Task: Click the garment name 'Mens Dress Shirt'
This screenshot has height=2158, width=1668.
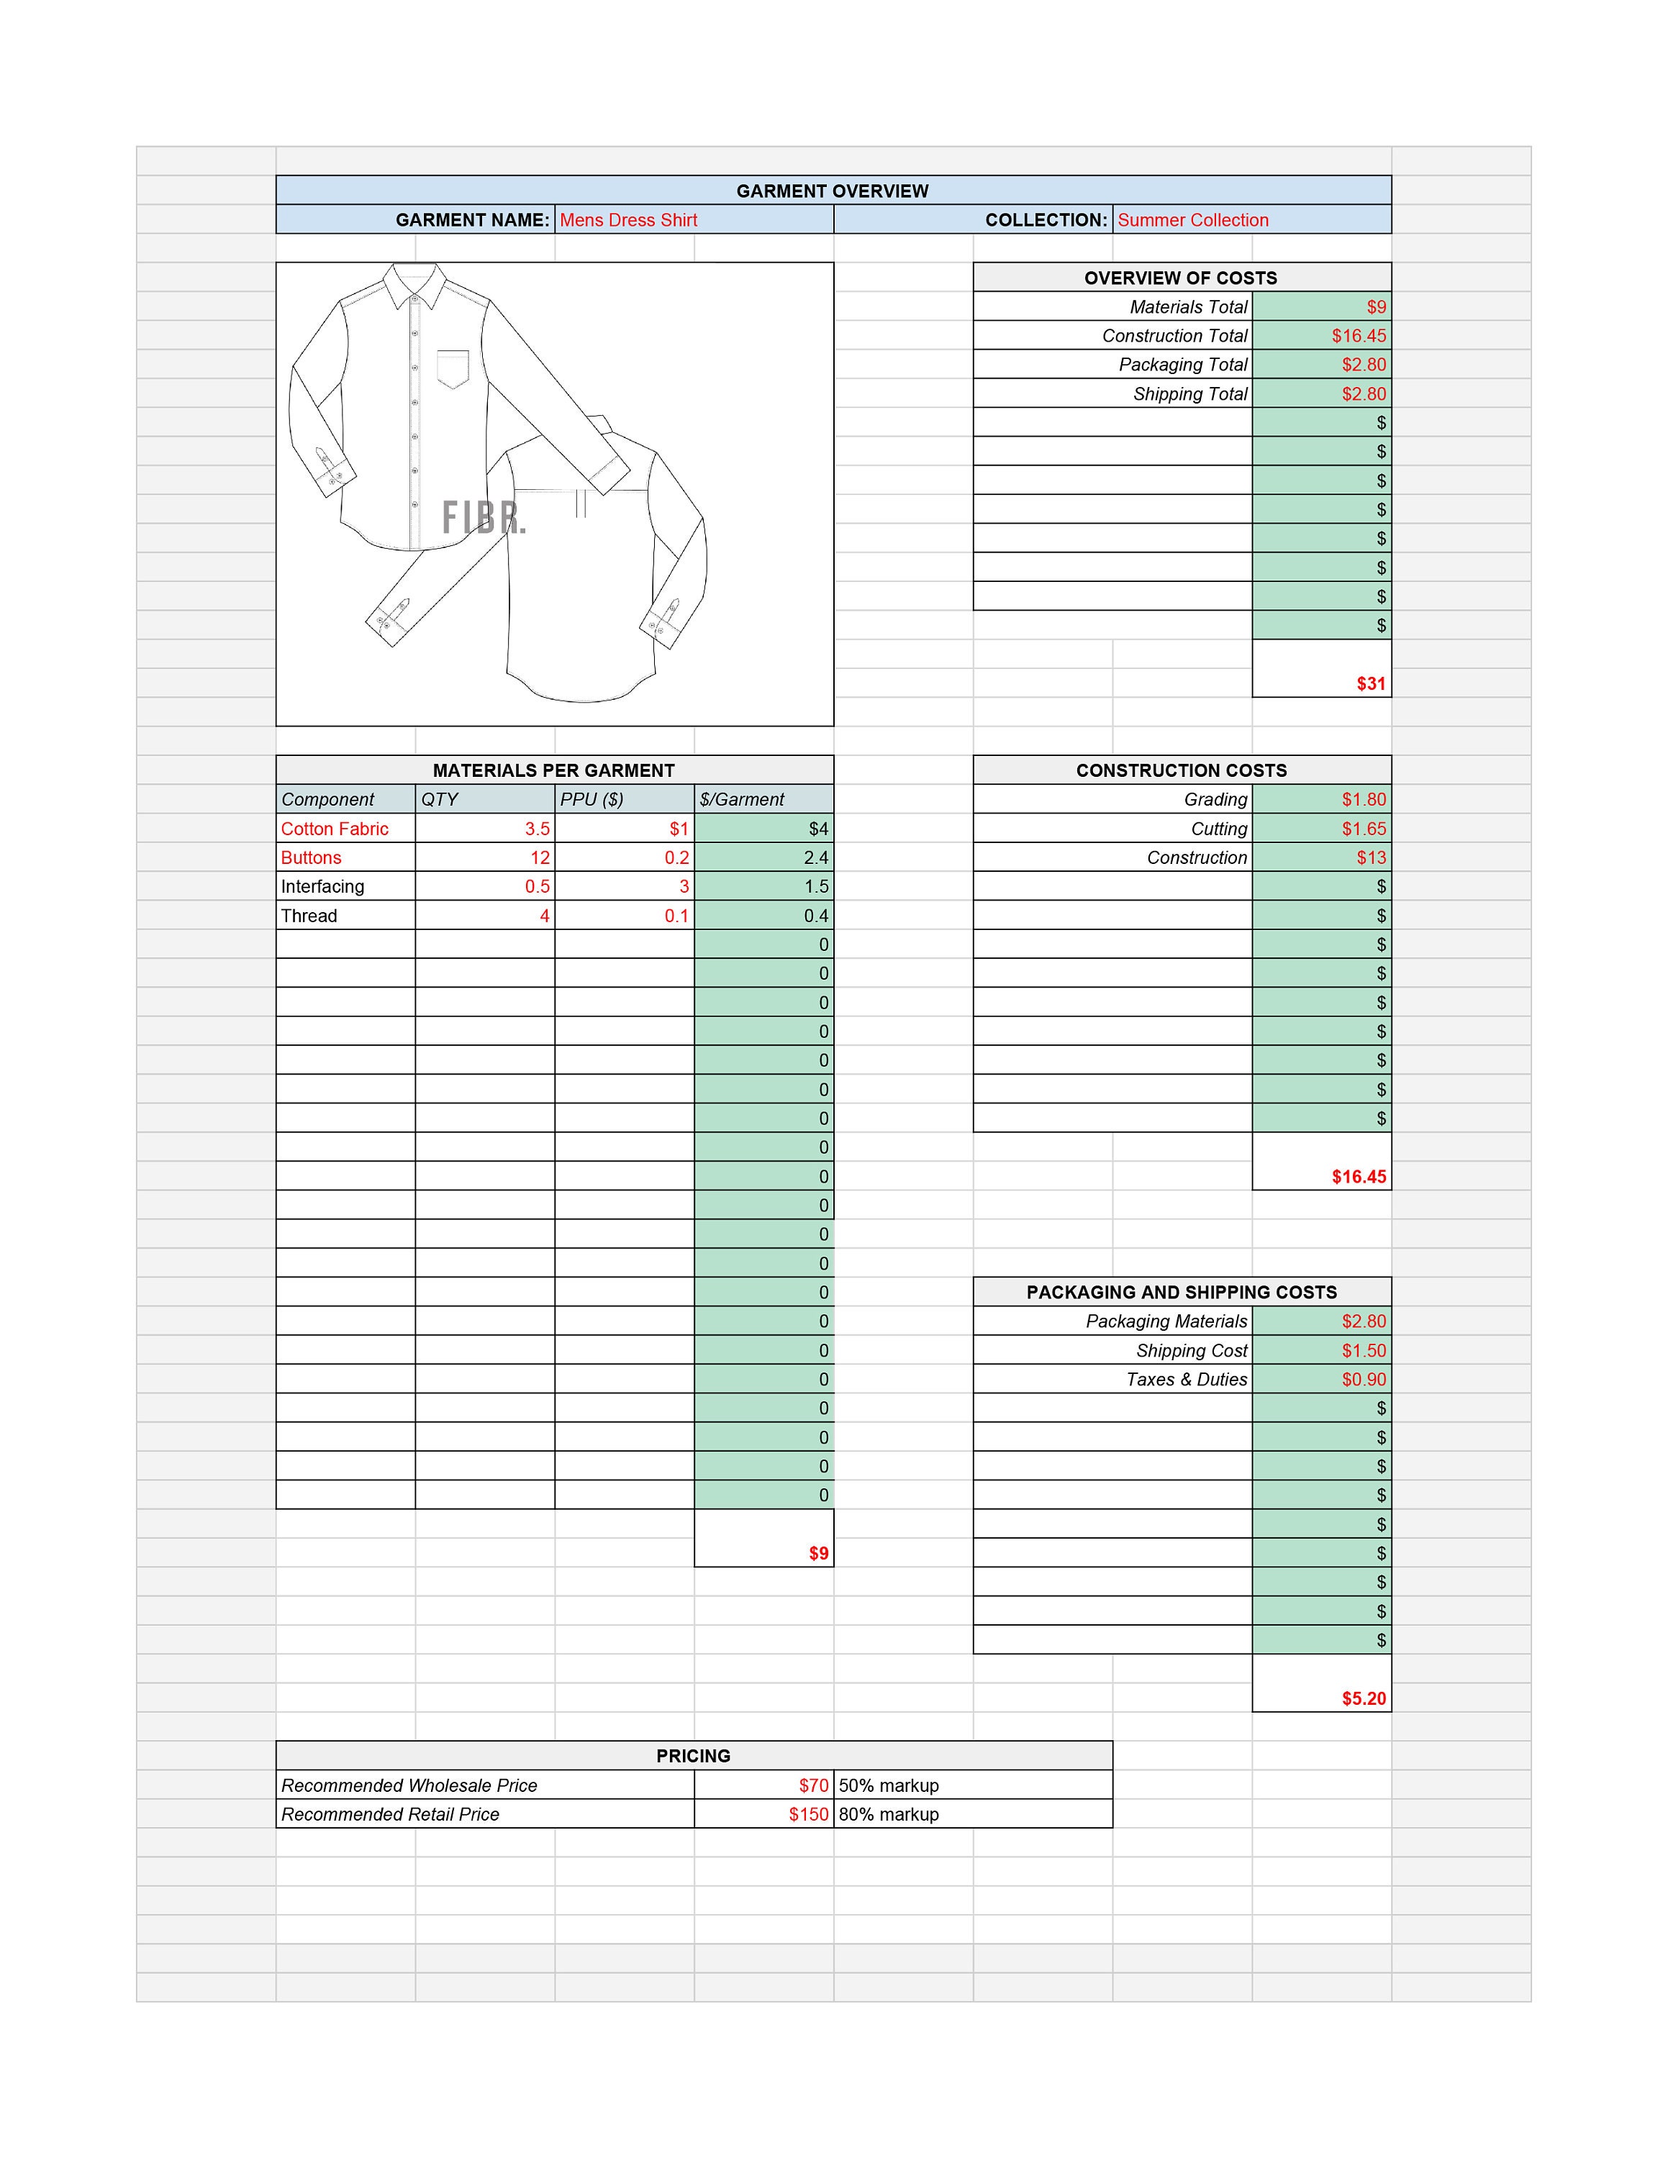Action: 628,220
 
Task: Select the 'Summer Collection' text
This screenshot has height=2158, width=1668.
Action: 1192,220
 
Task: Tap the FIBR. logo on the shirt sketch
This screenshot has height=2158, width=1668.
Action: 484,518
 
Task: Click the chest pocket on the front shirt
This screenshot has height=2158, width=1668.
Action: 453,368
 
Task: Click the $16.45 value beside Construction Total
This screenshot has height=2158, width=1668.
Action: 1359,336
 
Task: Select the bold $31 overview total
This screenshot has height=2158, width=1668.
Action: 1371,684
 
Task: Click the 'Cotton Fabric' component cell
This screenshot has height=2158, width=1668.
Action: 335,829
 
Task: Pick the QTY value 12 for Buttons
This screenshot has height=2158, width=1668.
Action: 540,857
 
